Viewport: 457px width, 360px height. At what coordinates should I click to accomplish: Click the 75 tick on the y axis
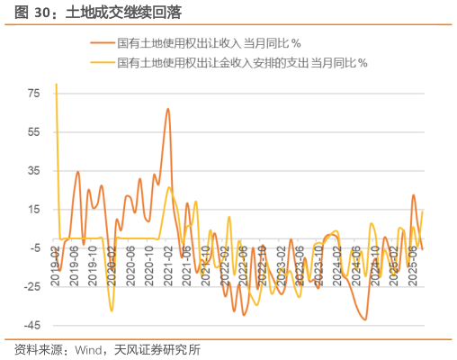coord(35,94)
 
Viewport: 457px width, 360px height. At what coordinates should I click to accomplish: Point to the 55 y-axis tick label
coord(35,132)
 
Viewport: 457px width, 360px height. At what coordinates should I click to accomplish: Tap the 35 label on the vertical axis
coord(35,171)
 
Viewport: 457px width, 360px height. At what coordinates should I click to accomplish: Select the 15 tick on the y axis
coord(35,210)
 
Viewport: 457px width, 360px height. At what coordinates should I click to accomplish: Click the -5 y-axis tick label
coord(33,248)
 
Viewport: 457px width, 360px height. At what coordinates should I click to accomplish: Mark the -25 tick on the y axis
coord(31,287)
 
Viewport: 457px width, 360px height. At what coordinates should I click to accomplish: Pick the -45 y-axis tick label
coord(31,326)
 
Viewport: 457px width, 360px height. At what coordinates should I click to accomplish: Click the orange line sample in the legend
coord(103,42)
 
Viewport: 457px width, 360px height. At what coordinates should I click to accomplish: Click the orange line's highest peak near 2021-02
coord(168,109)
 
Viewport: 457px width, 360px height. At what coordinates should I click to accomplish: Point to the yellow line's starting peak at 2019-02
coord(56,85)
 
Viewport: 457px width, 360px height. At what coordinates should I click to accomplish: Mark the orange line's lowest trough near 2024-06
coord(365,319)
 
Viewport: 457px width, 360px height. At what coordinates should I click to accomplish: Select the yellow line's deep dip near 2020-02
coord(112,311)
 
